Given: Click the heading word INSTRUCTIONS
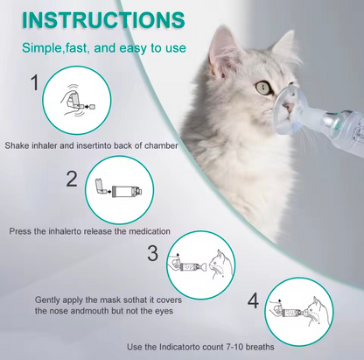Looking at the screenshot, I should tap(104, 18).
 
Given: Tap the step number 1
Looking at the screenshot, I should tap(34, 84).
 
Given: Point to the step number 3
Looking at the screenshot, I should tap(151, 254).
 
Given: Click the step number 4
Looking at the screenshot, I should tap(253, 301).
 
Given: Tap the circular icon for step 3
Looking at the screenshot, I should tap(197, 261).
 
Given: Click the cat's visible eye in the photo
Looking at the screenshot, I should tap(262, 88).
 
